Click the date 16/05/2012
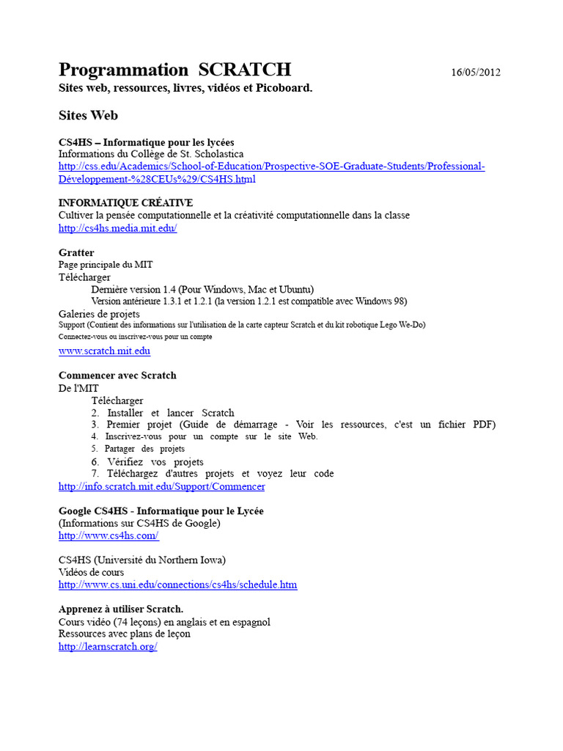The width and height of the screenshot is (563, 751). pos(476,72)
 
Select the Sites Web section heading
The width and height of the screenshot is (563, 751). pos(88,115)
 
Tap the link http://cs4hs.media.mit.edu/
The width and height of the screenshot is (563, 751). pos(117,228)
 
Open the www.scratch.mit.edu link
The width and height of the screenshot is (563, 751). pos(104,351)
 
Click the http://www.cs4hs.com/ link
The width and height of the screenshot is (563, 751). pos(108,535)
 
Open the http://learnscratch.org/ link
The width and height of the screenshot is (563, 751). pos(108,647)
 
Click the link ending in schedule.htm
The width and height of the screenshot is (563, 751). pos(177,585)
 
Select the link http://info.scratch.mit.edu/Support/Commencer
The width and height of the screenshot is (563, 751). pos(161,486)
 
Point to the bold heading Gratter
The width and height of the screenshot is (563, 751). pos(76,252)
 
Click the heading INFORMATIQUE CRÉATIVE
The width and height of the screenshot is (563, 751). pos(125,202)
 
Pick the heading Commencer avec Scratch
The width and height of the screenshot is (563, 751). pos(117,375)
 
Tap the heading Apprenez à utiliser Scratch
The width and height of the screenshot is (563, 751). pos(121,609)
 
